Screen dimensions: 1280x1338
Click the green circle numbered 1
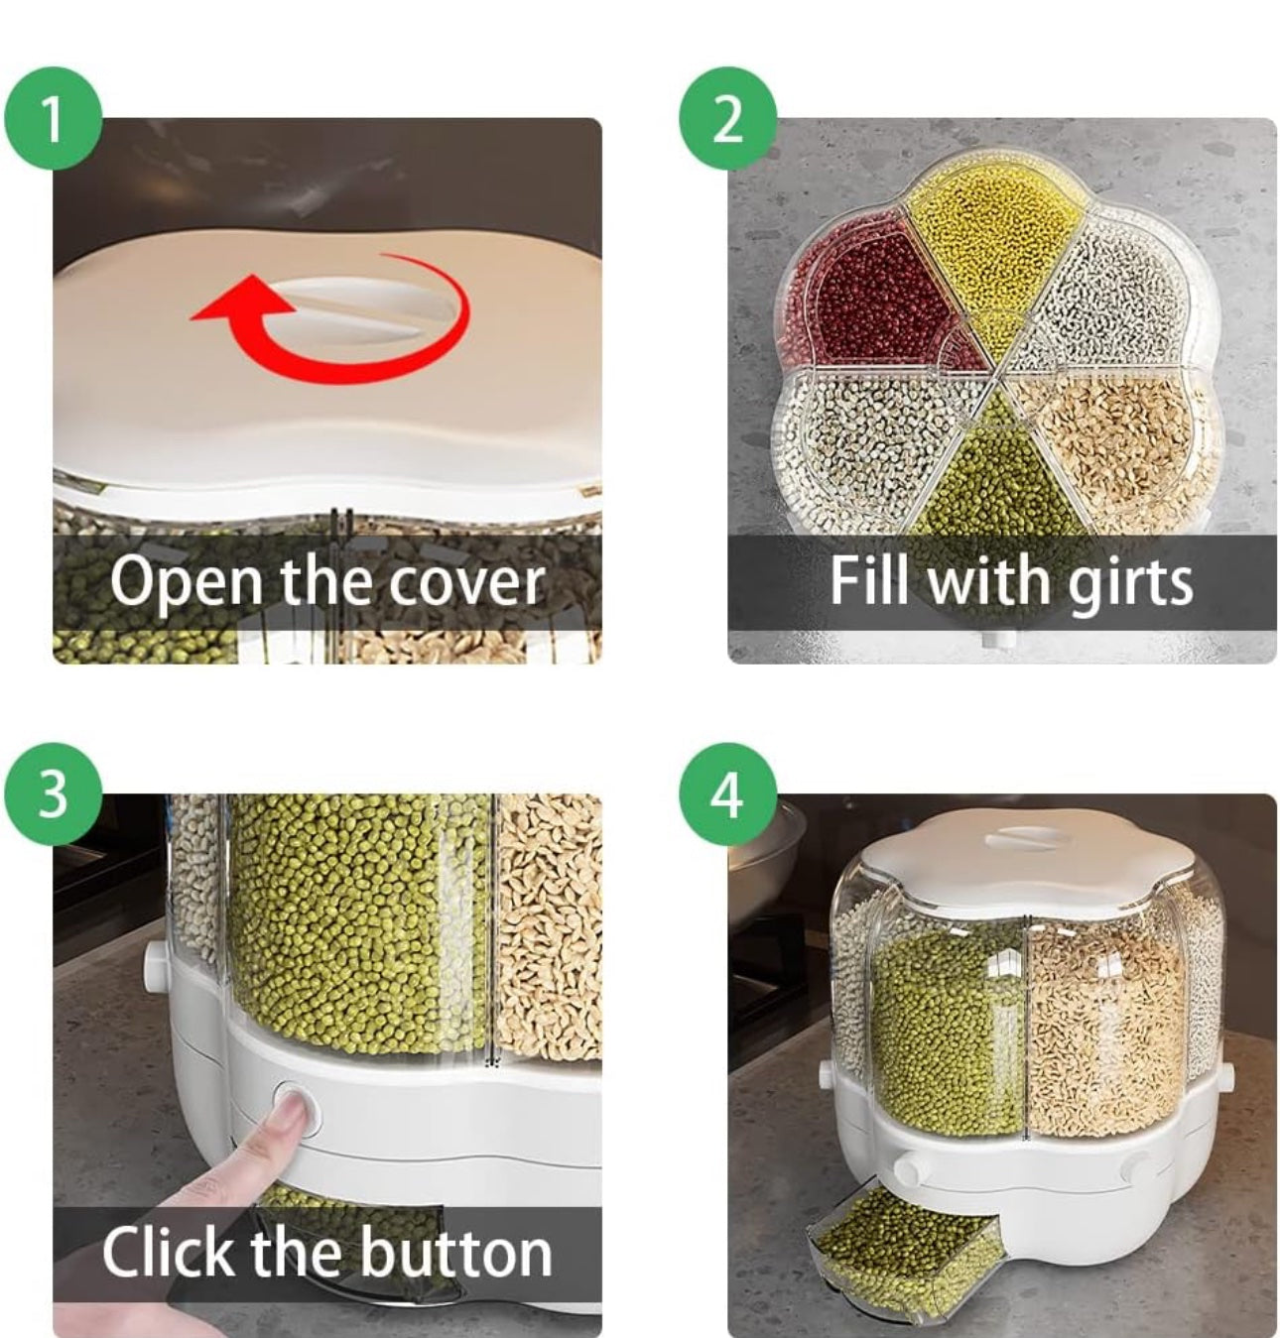click(x=53, y=118)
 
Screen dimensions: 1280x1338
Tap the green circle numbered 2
click(x=727, y=118)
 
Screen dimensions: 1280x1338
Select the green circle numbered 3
click(x=53, y=793)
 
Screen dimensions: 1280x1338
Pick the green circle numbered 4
click(x=727, y=793)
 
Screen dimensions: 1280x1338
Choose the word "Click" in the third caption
click(x=170, y=1252)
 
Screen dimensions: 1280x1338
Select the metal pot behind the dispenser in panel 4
click(x=766, y=846)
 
